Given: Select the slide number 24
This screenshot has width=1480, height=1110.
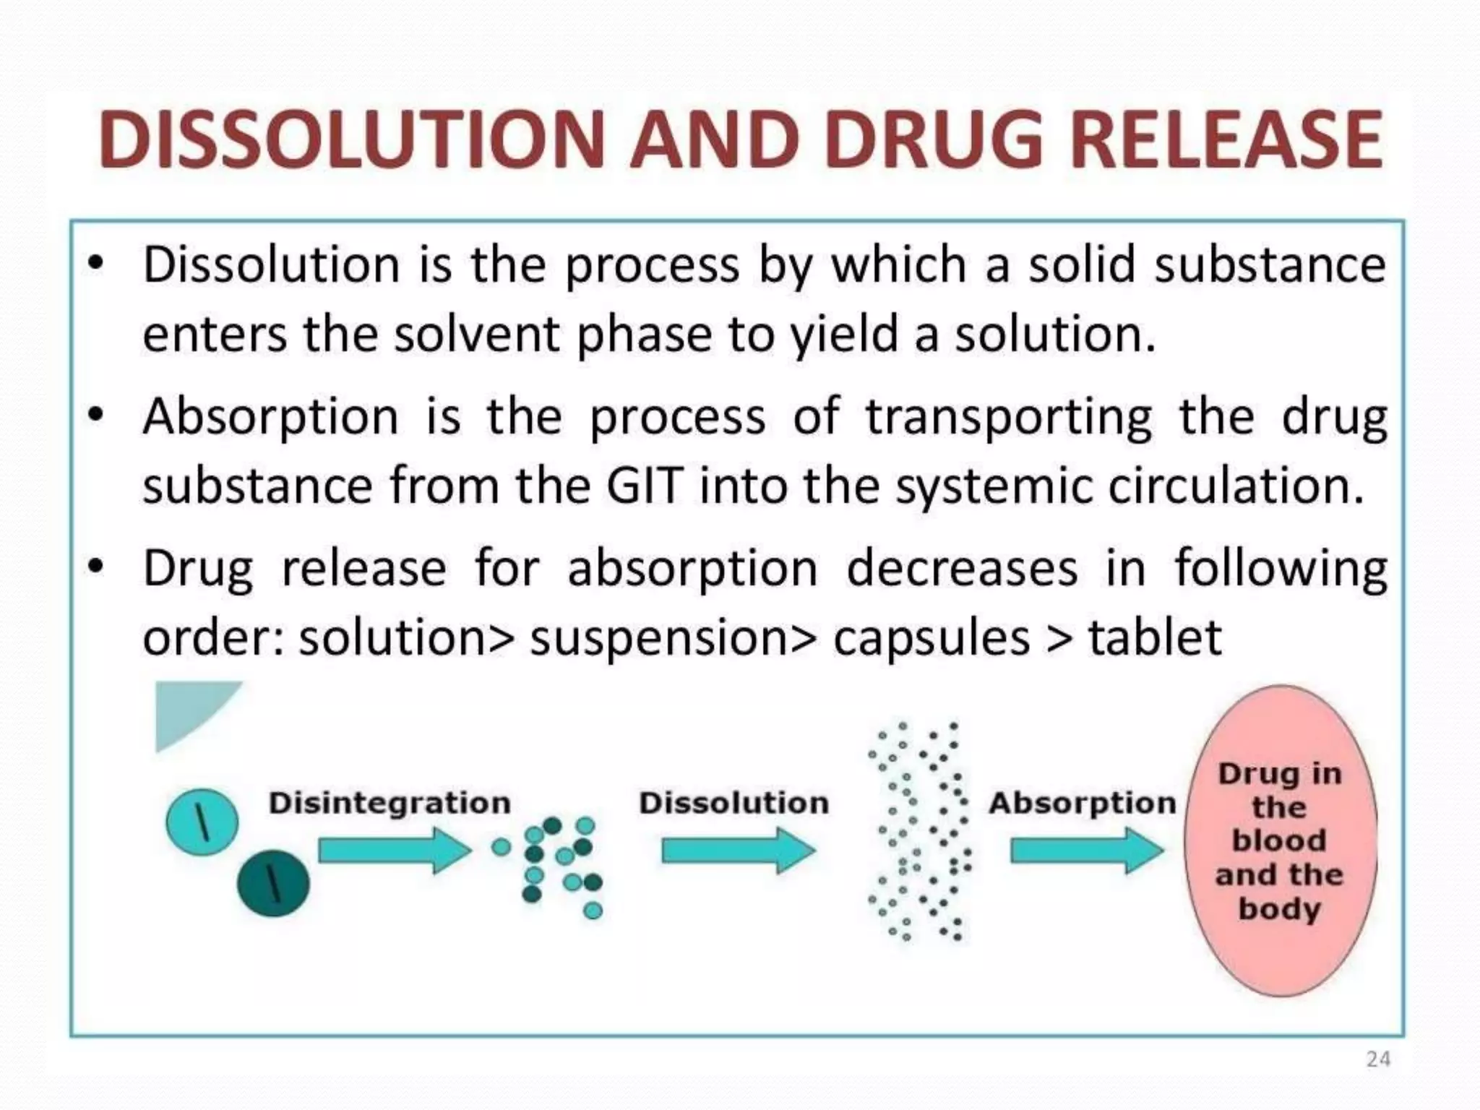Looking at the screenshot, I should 1378,1059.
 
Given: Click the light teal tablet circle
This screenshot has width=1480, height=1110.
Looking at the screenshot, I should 202,822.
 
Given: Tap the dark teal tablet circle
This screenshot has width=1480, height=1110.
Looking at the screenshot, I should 273,883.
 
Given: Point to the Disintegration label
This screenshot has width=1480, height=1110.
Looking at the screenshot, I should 390,803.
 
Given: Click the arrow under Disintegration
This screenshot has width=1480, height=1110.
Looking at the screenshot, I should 395,851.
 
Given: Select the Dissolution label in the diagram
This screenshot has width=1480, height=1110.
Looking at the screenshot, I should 733,803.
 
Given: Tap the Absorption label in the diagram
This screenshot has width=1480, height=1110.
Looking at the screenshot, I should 1082,803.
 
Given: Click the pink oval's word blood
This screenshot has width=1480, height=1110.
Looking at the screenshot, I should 1279,840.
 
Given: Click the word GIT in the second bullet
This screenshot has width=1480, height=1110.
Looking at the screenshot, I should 644,486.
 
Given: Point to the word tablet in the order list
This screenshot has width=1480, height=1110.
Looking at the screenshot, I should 1155,637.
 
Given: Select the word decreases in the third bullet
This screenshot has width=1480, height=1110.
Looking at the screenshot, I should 962,568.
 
